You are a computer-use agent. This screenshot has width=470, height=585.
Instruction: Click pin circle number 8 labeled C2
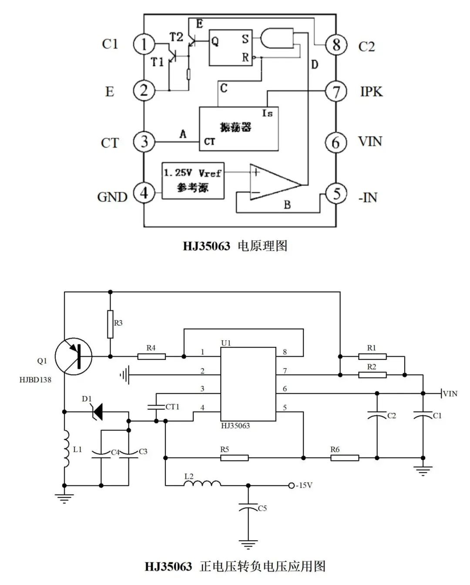coord(336,44)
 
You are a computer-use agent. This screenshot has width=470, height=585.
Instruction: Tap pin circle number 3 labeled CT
coord(144,142)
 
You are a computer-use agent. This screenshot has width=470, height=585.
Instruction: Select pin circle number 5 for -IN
coord(336,194)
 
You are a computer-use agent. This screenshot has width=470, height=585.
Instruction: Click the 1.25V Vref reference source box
coord(193,180)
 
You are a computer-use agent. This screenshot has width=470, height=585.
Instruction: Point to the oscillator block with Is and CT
coord(238,128)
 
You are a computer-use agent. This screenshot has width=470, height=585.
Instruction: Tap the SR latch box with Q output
coord(231,47)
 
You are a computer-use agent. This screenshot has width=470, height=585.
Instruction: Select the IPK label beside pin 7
coord(371,91)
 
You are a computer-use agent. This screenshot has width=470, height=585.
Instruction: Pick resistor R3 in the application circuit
coord(110,324)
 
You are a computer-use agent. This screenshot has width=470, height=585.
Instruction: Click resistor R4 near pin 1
coord(151,356)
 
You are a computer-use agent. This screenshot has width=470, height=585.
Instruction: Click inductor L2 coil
coord(202,484)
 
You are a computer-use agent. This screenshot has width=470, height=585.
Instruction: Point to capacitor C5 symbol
coord(248,508)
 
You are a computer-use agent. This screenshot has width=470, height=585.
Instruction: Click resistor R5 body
coord(234,457)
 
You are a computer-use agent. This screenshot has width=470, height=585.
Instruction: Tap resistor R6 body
coord(345,457)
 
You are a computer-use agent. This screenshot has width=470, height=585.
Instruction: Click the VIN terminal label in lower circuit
coord(450,393)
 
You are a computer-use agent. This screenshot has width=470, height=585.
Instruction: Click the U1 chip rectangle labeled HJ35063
coord(248,384)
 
